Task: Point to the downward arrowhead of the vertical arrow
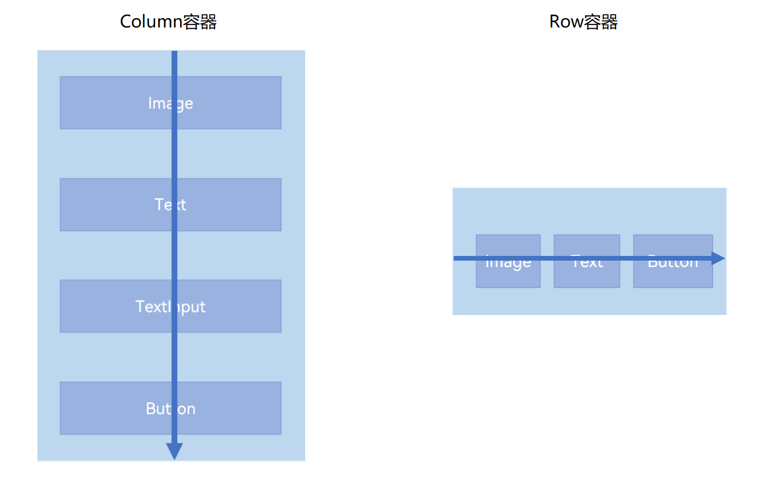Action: click(x=174, y=451)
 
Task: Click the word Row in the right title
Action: click(x=566, y=22)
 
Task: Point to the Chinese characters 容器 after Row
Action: click(x=600, y=22)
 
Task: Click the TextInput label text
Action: click(x=170, y=306)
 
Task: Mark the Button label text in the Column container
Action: click(x=170, y=408)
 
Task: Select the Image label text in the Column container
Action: click(x=170, y=103)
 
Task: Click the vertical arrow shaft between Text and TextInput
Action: click(x=174, y=255)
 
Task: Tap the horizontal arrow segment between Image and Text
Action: click(x=547, y=258)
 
